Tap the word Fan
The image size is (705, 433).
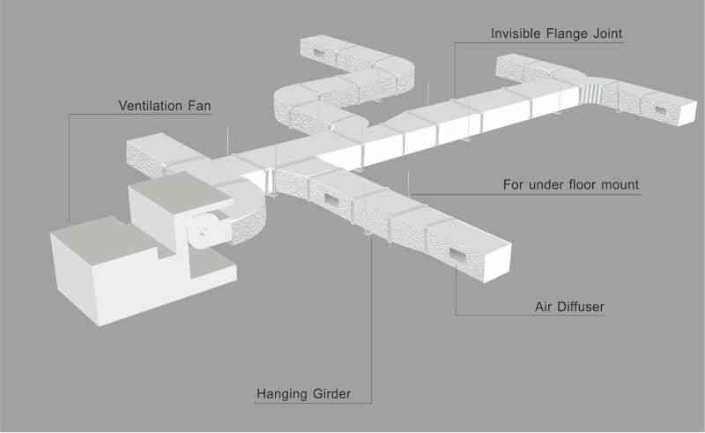pos(200,106)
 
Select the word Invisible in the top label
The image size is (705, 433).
pos(516,34)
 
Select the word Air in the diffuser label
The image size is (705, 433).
pos(543,307)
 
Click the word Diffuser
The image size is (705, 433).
pos(580,307)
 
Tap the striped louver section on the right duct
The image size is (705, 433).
pos(590,92)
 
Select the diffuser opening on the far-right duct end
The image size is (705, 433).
pos(660,110)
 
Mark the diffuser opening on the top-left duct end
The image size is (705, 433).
pos(318,53)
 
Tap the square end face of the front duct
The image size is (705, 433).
pos(497,263)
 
